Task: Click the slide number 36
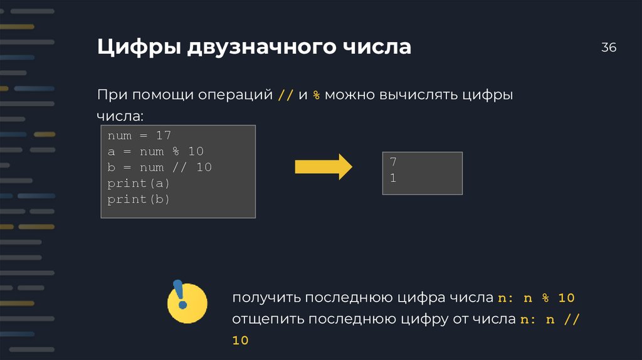pyautogui.click(x=609, y=48)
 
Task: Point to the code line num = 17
pyautogui.click(x=139, y=135)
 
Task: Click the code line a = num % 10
pyautogui.click(x=155, y=152)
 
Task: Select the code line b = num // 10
pyautogui.click(x=159, y=167)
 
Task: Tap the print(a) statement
pyautogui.click(x=139, y=184)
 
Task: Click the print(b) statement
pyautogui.click(x=139, y=199)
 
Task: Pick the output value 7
pyautogui.click(x=392, y=162)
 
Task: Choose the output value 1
pyautogui.click(x=392, y=178)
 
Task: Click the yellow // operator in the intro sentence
pyautogui.click(x=285, y=95)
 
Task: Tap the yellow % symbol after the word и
pyautogui.click(x=317, y=95)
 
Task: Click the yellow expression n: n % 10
pyautogui.click(x=537, y=297)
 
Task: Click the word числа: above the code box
pyautogui.click(x=120, y=117)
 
